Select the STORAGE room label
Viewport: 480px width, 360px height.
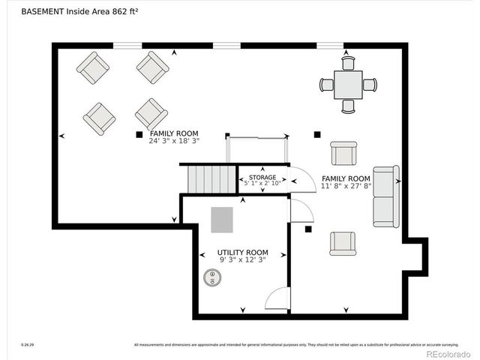pyautogui.click(x=262, y=178)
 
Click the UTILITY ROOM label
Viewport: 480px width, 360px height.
pyautogui.click(x=242, y=253)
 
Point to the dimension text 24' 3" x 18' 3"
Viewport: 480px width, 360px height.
pyautogui.click(x=174, y=140)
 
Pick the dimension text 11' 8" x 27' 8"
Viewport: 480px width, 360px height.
pyautogui.click(x=346, y=185)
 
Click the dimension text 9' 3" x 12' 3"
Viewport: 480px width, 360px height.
pyautogui.click(x=242, y=259)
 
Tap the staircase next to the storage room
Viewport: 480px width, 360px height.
pyautogui.click(x=211, y=179)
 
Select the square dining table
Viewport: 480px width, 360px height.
pyautogui.click(x=348, y=84)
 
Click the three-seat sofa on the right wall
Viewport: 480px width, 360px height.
pyautogui.click(x=386, y=196)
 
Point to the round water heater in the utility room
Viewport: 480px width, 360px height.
pyautogui.click(x=213, y=277)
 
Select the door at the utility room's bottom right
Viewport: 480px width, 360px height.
pyautogui.click(x=278, y=298)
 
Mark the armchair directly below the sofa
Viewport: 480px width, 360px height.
pyautogui.click(x=343, y=243)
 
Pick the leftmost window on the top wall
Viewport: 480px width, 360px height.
pyautogui.click(x=127, y=46)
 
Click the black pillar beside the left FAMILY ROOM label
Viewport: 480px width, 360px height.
pyautogui.click(x=139, y=134)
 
